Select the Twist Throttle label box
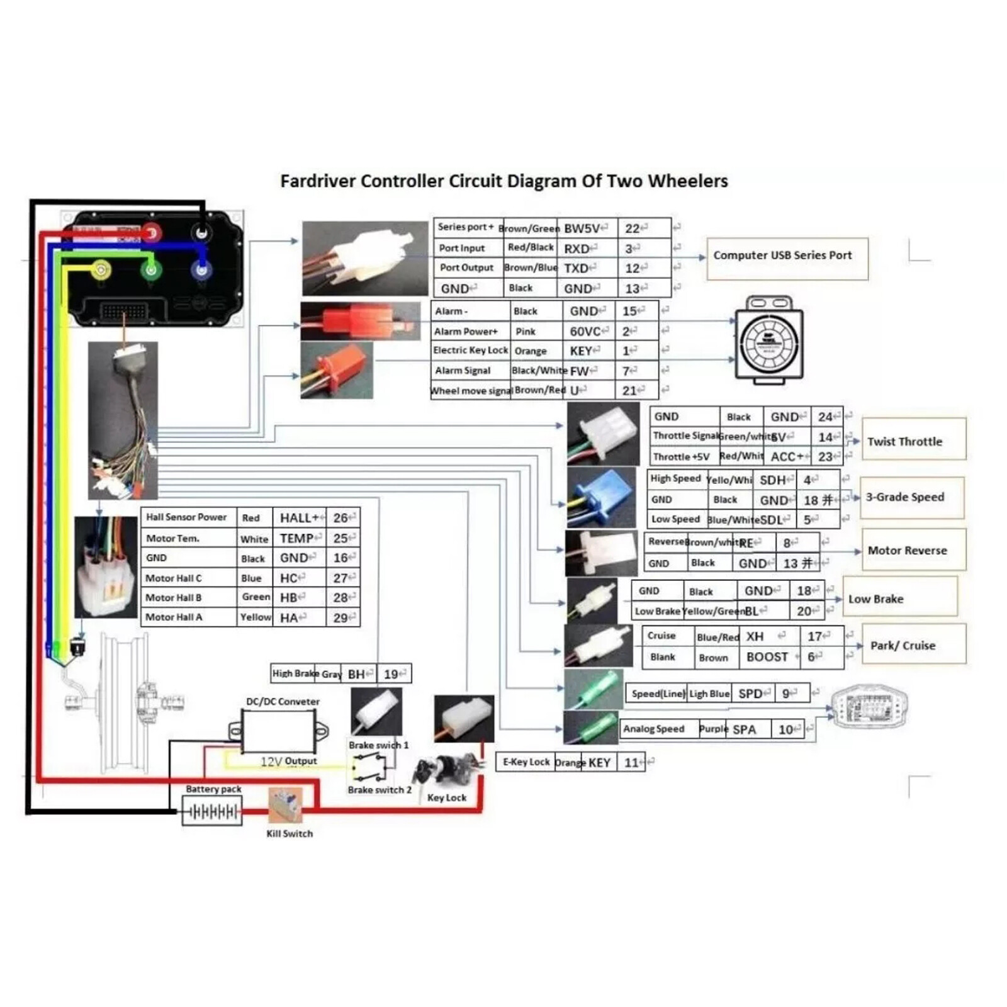(913, 440)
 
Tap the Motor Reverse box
(913, 549)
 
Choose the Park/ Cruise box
(913, 644)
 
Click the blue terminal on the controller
(201, 271)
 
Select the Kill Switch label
(290, 833)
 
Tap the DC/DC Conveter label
(283, 701)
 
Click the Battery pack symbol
(212, 811)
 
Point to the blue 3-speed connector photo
(601, 497)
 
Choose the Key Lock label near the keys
(447, 797)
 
